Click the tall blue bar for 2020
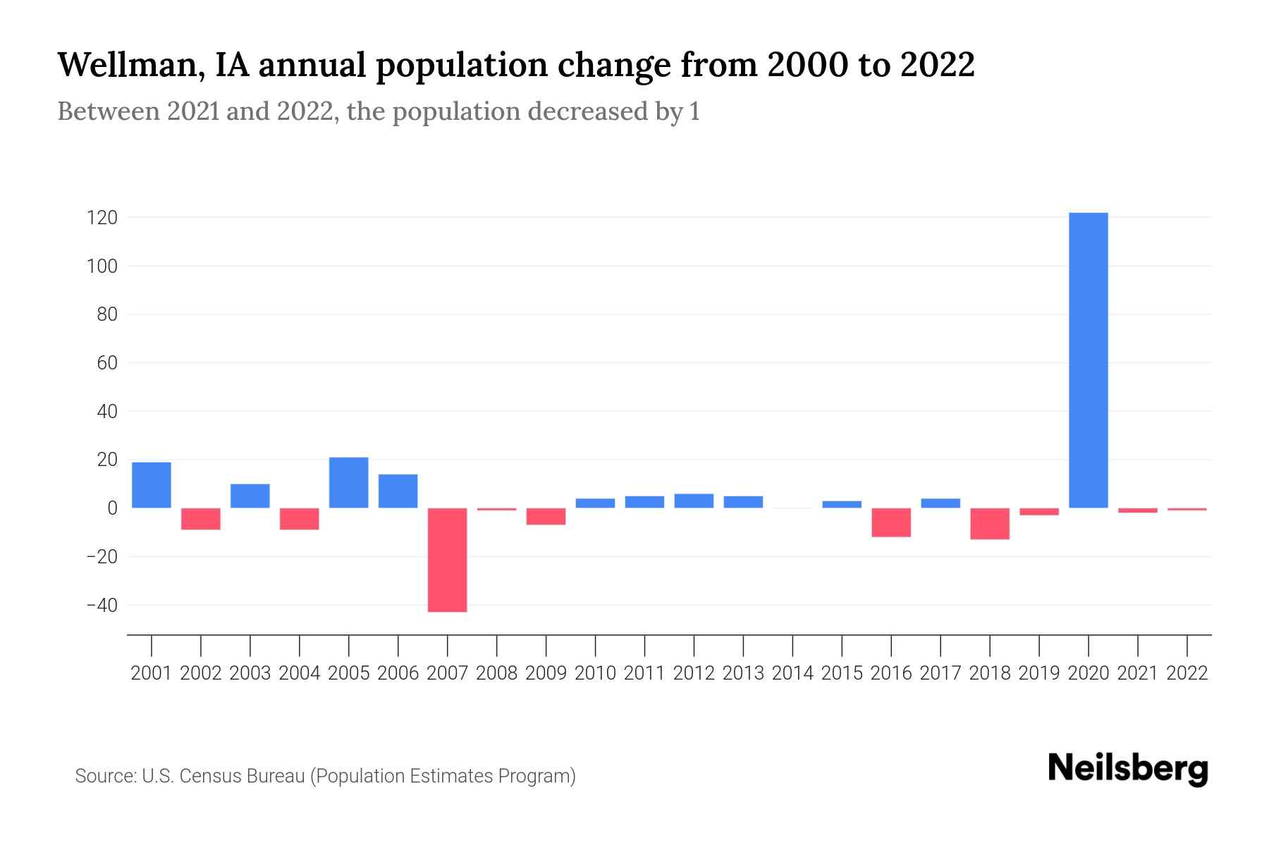coord(1089,360)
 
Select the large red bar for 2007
coord(448,560)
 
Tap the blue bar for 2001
coord(152,485)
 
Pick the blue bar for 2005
coord(349,483)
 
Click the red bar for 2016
coord(891,522)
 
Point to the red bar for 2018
coord(990,524)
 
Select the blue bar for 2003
coord(250,496)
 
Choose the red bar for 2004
coord(300,519)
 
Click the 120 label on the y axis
coord(102,218)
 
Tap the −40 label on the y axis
coord(102,606)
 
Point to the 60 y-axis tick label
coord(106,363)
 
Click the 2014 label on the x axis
coord(792,673)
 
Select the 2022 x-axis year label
coord(1187,673)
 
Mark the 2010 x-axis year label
coord(595,673)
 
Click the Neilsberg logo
coord(1128,768)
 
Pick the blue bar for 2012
coord(694,501)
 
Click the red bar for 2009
coord(546,516)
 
